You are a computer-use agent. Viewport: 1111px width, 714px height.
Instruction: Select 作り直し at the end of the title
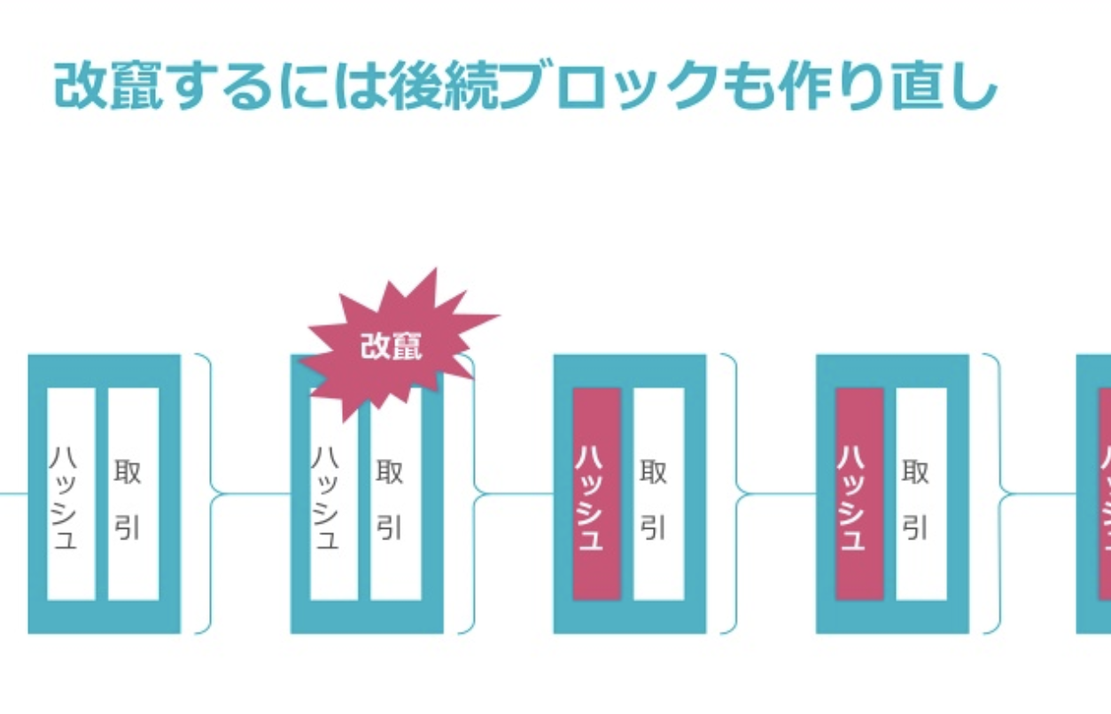point(895,86)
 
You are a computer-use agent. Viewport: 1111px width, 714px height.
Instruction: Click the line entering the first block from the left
point(12,493)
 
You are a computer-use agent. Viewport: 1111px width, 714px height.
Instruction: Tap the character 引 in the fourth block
point(916,528)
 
